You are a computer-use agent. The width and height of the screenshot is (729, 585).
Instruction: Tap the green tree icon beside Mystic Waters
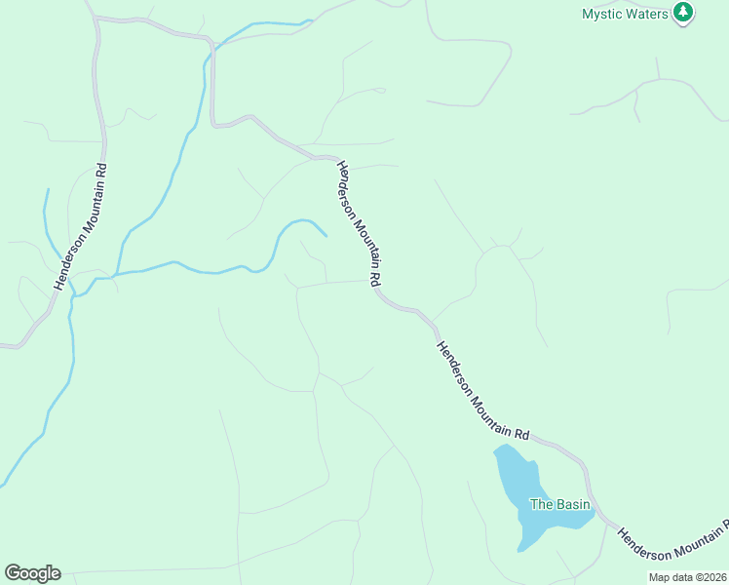(684, 13)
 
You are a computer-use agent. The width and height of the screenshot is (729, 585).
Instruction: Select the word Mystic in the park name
(602, 14)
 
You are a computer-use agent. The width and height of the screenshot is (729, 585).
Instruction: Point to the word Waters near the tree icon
(648, 14)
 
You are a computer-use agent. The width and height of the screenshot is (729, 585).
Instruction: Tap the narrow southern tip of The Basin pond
(522, 549)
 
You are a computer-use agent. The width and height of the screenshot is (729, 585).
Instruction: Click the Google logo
(32, 573)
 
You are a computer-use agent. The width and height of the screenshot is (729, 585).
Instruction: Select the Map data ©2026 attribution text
(688, 577)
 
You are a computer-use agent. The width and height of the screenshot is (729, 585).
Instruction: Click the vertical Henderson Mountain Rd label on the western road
(81, 226)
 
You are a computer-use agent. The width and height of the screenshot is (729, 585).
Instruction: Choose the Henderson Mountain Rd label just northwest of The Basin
(482, 390)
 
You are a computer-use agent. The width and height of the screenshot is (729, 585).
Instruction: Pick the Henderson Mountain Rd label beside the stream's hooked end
(358, 222)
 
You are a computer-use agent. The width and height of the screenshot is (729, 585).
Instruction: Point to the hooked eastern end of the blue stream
(325, 235)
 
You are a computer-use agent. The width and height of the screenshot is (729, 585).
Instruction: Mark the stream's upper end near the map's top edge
(310, 20)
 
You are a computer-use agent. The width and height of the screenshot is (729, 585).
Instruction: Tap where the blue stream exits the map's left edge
(3, 484)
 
